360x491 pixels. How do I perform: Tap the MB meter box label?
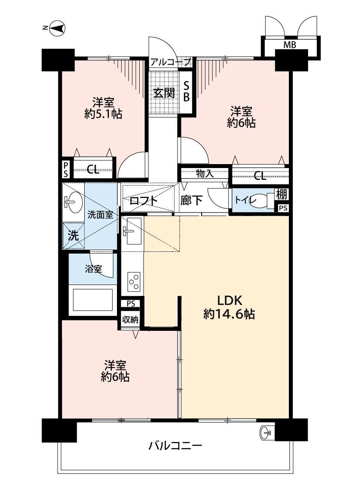290,45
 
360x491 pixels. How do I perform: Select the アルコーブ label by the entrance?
170,62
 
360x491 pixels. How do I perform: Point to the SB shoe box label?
186,92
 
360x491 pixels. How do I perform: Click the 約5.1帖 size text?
103,114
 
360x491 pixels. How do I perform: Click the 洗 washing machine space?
74,236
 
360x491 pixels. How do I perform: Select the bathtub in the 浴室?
93,299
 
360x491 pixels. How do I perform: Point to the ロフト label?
144,201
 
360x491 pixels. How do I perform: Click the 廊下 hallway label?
191,200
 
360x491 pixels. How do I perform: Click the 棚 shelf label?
281,195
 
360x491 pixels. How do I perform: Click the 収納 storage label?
130,320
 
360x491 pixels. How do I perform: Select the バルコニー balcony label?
175,445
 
